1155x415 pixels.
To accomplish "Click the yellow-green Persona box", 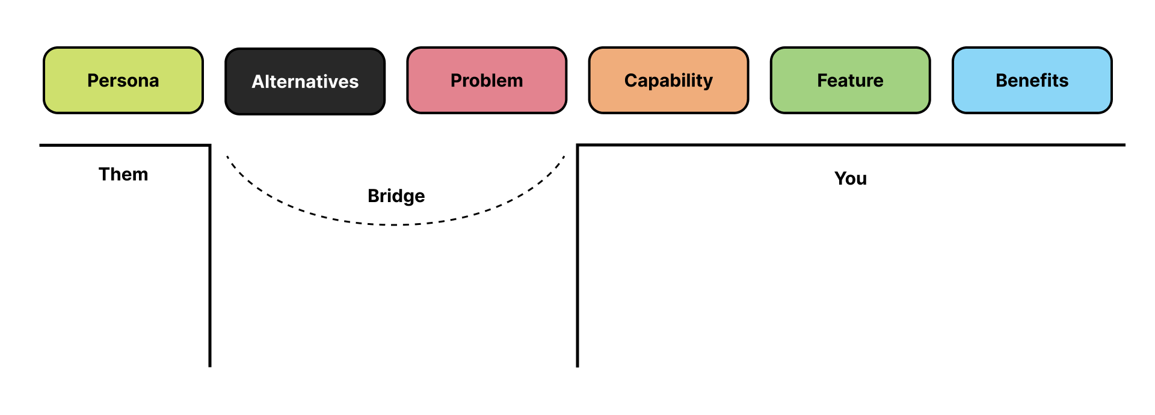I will (x=123, y=81).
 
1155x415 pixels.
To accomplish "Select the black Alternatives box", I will (x=305, y=81).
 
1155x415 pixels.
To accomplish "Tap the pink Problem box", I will (x=487, y=81).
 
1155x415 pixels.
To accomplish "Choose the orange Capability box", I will (x=668, y=81).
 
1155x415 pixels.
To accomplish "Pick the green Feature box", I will (x=850, y=81).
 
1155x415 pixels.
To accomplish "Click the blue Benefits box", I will (x=1032, y=81).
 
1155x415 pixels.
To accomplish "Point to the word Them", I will (x=123, y=174).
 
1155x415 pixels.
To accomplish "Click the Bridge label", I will (x=396, y=196).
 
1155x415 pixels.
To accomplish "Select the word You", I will (x=850, y=179).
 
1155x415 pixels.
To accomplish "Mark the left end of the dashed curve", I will (x=227, y=157).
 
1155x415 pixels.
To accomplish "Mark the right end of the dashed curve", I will (x=564, y=157).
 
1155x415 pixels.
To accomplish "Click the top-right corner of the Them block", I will (x=210, y=145).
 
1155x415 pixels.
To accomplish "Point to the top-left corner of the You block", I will (x=577, y=145).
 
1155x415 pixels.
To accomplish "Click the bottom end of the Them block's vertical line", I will (x=210, y=366).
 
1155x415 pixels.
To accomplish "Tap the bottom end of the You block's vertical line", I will (x=577, y=366).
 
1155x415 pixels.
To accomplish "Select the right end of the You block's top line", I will (x=1124, y=145).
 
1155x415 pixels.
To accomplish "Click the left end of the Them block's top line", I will (x=41, y=145).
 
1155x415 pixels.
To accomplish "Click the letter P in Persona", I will (x=93, y=81).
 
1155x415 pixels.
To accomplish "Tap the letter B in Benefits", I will (x=1002, y=81).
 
